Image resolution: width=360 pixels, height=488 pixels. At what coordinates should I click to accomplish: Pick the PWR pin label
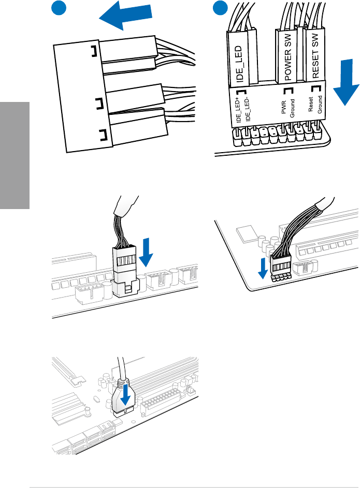[x=283, y=111]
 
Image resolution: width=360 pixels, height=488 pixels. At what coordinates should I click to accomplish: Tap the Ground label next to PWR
[x=293, y=109]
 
